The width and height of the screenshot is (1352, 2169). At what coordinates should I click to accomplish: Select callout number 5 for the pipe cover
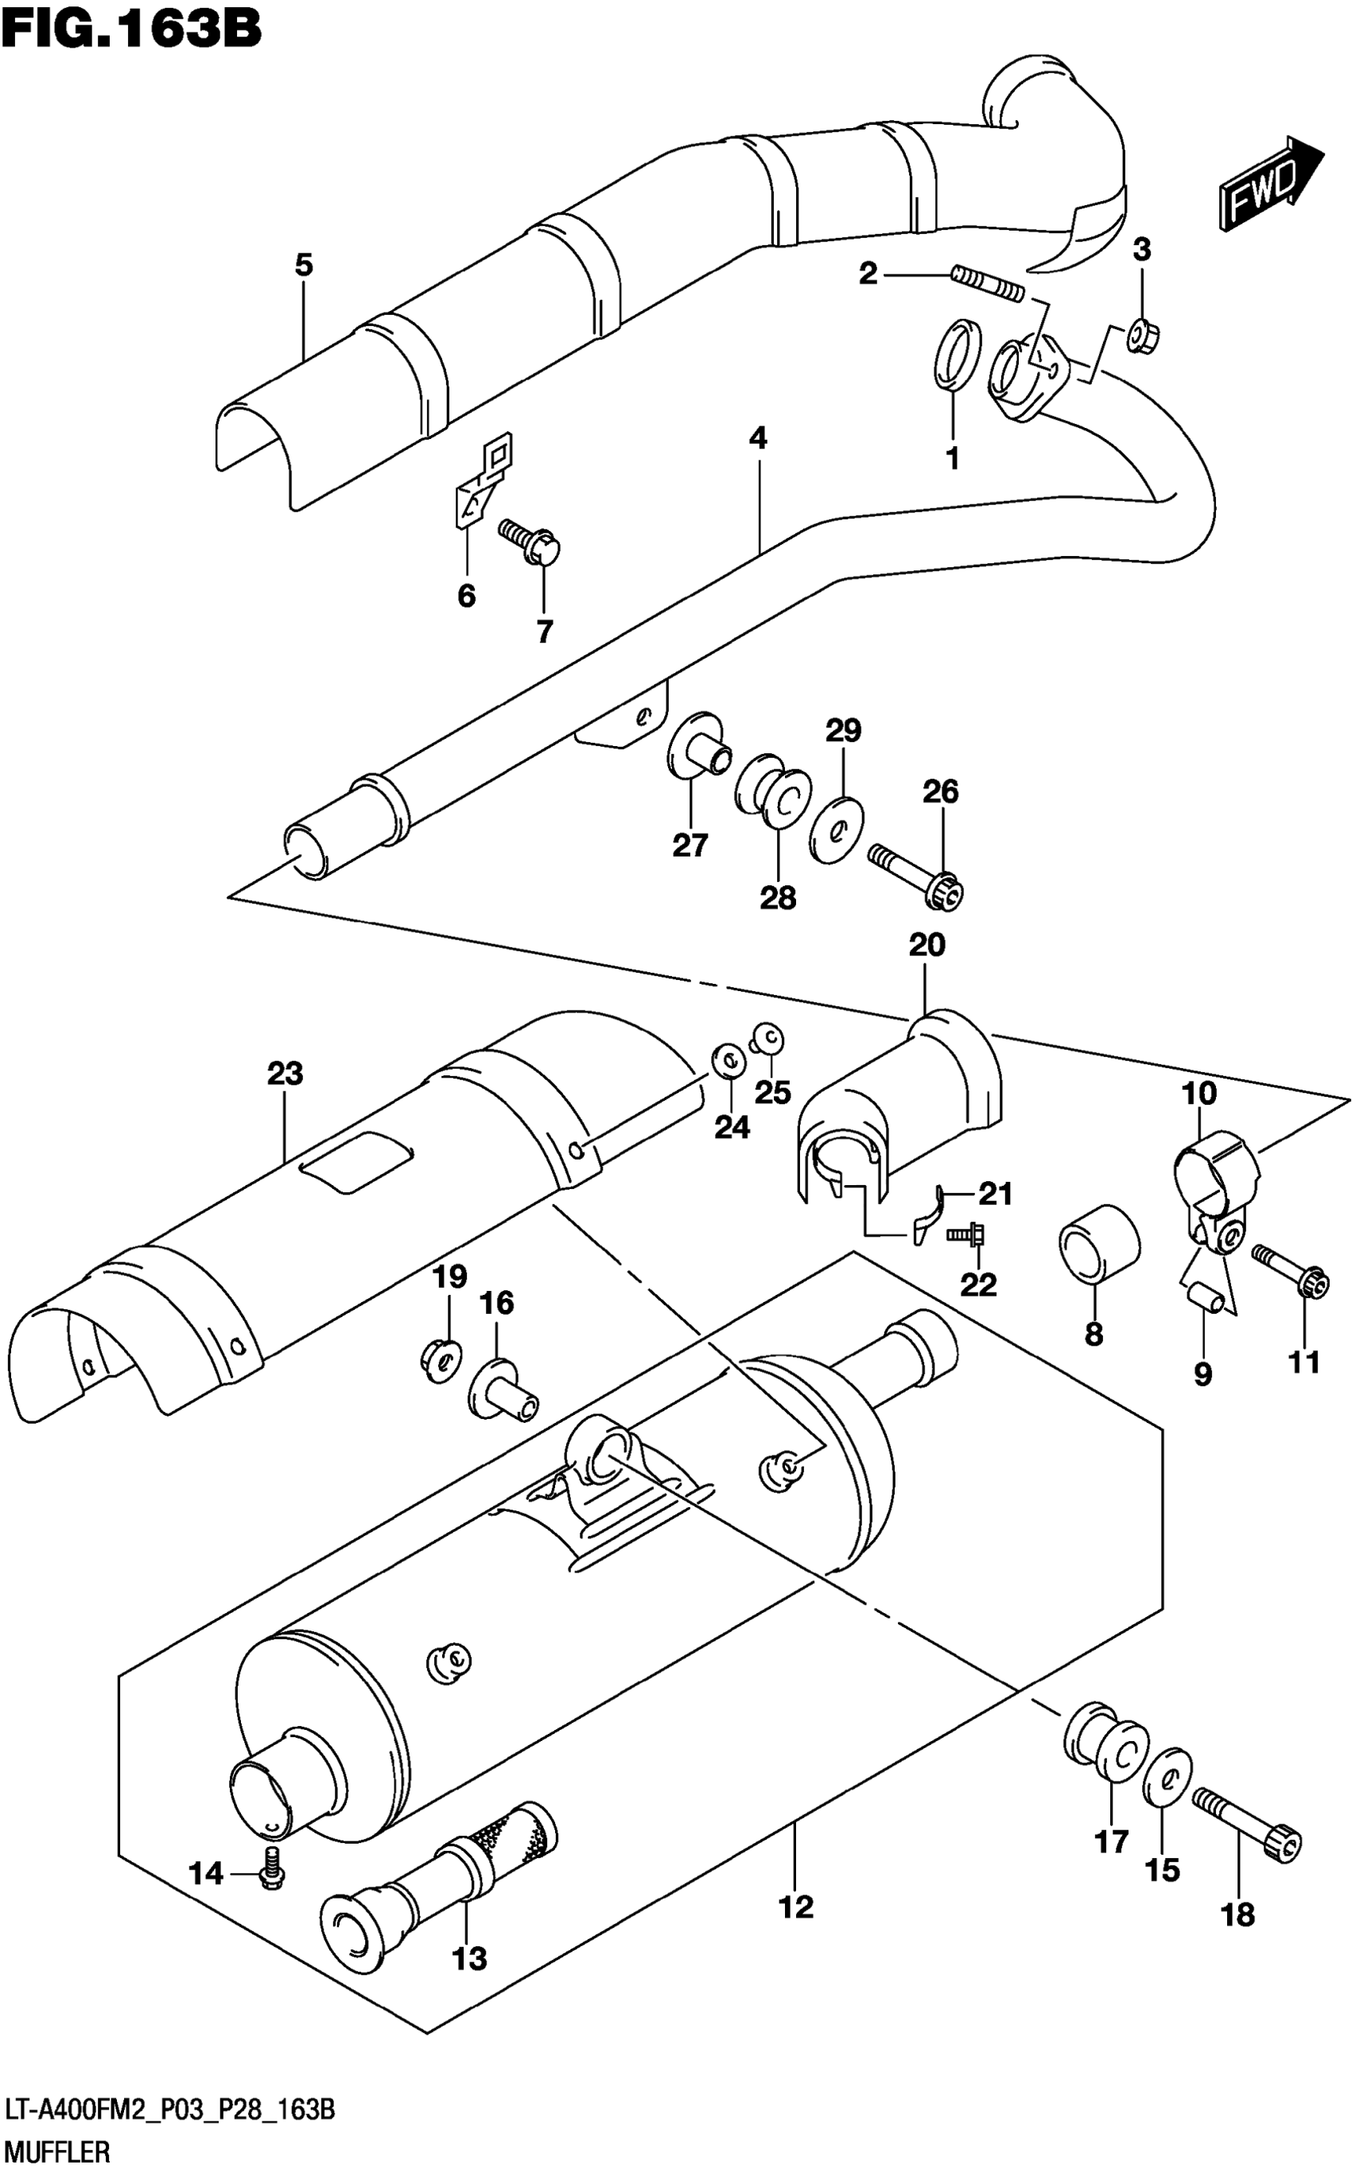304,265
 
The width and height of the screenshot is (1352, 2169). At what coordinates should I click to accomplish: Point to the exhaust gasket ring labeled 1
956,355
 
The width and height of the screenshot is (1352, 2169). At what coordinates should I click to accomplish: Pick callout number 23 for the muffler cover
286,1073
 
